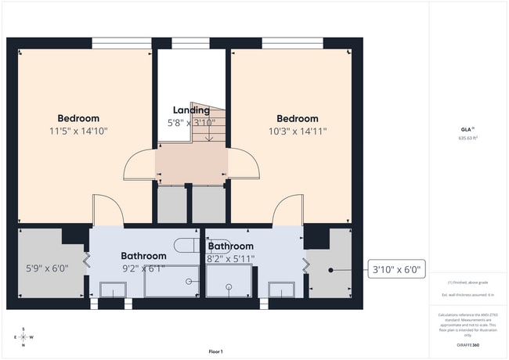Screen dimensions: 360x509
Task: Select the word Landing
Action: pos(191,110)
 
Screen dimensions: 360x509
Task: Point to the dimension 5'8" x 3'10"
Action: pos(191,123)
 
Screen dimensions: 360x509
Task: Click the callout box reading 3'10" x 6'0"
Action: pos(395,270)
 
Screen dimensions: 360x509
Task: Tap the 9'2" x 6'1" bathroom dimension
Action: pos(143,268)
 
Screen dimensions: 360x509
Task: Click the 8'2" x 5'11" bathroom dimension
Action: pos(230,257)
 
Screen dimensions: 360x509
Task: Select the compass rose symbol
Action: pos(23,337)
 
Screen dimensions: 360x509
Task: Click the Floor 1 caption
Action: pos(216,351)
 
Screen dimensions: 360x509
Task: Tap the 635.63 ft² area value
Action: pos(468,138)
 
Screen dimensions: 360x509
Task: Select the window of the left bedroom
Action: pos(121,43)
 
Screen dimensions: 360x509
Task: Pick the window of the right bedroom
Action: pos(291,43)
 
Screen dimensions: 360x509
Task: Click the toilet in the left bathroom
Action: pos(186,245)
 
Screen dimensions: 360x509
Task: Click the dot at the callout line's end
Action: pos(332,270)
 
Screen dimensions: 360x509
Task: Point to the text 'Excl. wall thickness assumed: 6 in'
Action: pos(468,294)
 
